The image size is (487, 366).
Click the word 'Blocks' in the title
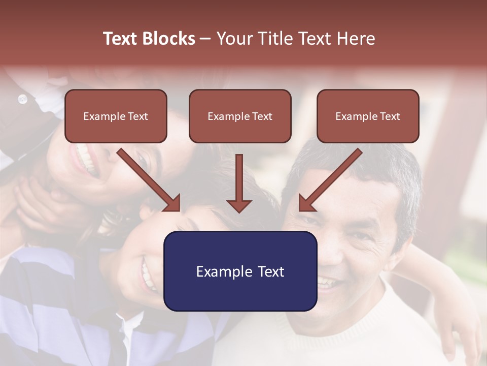coord(168,39)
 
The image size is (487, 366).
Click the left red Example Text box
coord(116,116)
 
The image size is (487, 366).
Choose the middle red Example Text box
coord(240,116)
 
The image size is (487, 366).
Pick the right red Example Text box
coord(368,116)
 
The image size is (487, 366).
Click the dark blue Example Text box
coord(240,271)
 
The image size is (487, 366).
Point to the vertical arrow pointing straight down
coord(239,183)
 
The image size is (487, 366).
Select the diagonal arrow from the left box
coord(149,180)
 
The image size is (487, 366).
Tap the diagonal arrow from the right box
coord(330,180)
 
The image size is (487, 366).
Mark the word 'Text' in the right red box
coord(390,116)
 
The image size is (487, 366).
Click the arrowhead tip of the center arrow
coord(239,211)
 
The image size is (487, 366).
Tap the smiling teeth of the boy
coord(148,274)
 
